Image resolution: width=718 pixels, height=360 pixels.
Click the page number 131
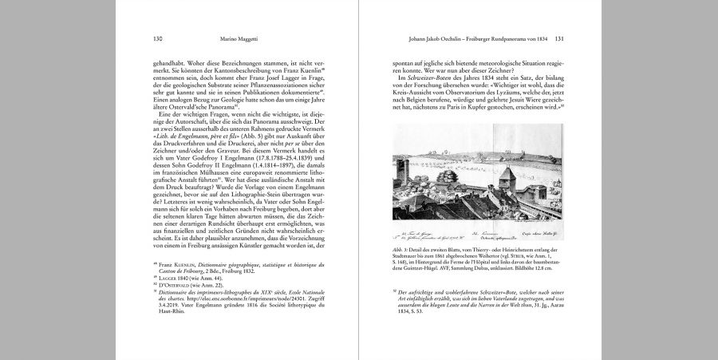(x=559, y=38)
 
